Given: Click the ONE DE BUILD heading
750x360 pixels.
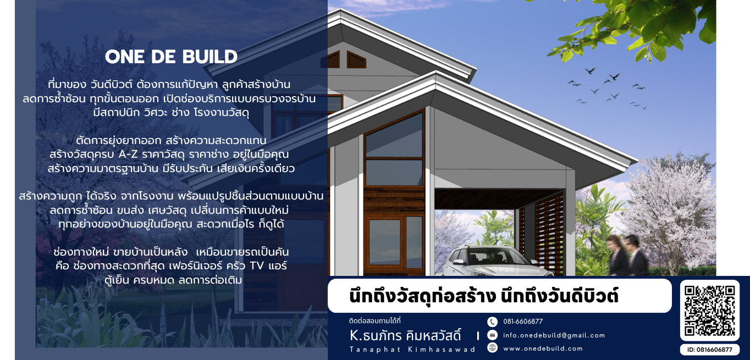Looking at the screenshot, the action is [171, 57].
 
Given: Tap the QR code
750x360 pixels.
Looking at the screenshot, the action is [709, 310].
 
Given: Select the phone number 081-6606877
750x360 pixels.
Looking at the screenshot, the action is [523, 322].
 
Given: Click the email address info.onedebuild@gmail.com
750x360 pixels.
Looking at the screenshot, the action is [554, 335].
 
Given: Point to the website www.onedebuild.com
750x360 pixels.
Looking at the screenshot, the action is [543, 348].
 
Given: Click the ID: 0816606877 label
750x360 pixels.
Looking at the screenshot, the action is [709, 350].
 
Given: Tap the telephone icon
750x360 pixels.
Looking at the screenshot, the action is [492, 322].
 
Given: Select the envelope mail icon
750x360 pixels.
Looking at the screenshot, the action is [492, 335].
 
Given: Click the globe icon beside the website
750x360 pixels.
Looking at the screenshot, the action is [492, 347].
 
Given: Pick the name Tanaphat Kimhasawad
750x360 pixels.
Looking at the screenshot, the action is [412, 350].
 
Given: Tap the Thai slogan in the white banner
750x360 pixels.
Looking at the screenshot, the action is [484, 296].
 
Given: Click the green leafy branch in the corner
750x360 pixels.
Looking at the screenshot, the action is [633, 27].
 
